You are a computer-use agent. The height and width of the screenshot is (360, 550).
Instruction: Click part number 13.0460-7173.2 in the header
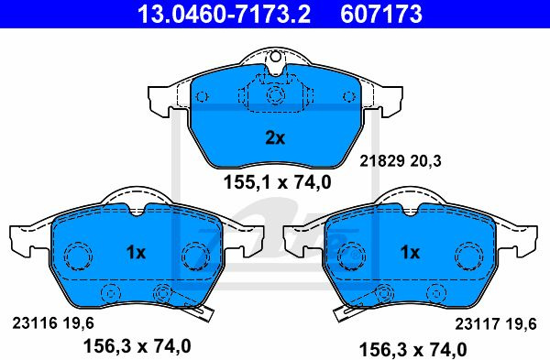pos(224,14)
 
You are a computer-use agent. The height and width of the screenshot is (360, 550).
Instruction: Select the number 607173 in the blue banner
pos(381,14)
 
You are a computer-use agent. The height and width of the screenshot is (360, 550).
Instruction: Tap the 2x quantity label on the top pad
pos(275,137)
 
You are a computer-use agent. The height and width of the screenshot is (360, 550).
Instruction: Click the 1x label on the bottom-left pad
pos(136,252)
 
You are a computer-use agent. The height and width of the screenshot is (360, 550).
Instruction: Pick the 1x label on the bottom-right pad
pos(410,252)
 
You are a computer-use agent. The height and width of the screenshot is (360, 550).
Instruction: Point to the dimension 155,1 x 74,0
pos(277,182)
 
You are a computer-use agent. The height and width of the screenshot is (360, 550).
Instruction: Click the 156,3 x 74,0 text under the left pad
pos(137,346)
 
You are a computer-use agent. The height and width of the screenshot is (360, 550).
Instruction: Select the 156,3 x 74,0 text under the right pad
pos(412,350)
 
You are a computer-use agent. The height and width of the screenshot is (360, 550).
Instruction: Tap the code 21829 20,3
pos(401,161)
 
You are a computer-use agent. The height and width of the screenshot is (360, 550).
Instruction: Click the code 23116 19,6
pos(53,323)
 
